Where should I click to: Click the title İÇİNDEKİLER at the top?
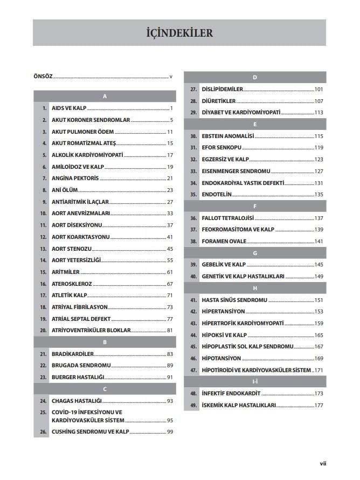[179, 33]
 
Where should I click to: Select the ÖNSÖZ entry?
[43, 77]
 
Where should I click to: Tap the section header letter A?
[105, 96]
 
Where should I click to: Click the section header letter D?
[254, 77]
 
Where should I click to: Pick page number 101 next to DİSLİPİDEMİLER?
[319, 89]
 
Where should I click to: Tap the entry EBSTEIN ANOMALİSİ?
[227, 136]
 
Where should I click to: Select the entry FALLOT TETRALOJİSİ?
[227, 218]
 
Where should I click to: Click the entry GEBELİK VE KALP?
[224, 264]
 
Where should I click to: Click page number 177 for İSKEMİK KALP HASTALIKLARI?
[319, 405]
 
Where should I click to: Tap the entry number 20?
[43, 330]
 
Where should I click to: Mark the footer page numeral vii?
[323, 463]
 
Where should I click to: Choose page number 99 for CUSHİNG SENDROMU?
[169, 431]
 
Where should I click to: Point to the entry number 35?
[193, 194]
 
